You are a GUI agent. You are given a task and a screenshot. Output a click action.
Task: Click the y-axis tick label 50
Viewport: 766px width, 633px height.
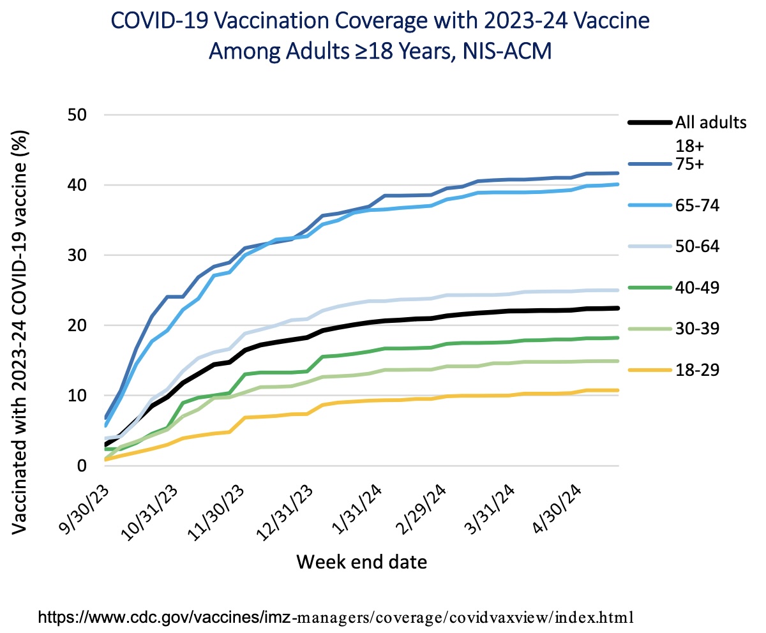tap(77, 115)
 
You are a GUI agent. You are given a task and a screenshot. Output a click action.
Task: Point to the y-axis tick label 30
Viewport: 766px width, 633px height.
tap(77, 255)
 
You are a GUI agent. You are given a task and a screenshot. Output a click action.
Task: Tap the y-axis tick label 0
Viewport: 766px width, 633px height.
tap(82, 466)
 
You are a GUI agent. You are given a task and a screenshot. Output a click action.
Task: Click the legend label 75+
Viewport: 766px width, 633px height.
tap(689, 164)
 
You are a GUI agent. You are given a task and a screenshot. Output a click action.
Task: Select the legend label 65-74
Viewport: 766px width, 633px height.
tap(698, 205)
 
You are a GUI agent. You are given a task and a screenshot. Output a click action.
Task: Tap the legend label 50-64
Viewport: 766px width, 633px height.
tap(698, 246)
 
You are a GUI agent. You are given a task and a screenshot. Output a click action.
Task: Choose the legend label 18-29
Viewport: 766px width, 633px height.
tap(698, 369)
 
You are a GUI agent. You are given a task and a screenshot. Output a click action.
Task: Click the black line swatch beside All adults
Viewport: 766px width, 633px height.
tap(650, 123)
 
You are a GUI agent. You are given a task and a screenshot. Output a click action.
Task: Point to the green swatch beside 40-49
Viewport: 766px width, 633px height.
tap(650, 288)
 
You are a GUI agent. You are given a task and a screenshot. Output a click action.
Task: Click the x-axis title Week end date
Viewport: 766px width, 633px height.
tap(362, 562)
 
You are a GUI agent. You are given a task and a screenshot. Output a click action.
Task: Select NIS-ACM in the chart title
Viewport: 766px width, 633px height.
tap(507, 51)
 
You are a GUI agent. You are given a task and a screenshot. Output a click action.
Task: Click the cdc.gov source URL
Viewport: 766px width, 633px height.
tap(336, 617)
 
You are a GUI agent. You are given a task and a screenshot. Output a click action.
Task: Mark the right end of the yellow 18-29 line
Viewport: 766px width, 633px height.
tap(618, 391)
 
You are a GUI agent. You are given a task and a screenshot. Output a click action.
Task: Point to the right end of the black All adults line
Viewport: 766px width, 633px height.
tap(618, 308)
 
